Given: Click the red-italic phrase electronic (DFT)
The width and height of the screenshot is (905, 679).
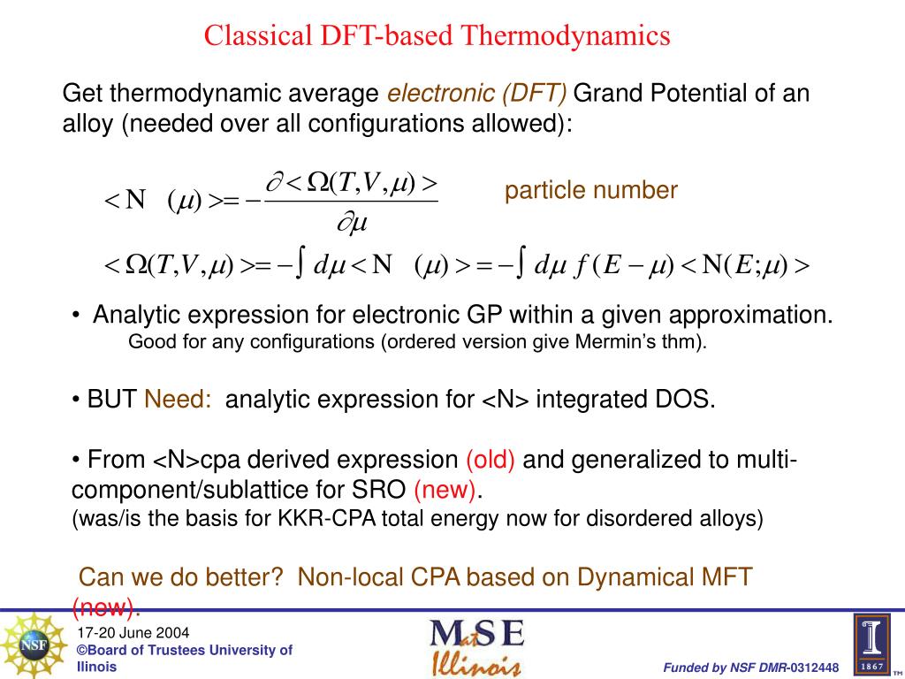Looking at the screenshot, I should coord(477,93).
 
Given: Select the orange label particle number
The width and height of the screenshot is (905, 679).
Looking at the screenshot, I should coord(591,190).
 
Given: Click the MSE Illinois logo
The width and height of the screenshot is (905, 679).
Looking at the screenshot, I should coord(477,646).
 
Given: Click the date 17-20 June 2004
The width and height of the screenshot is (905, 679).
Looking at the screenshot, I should coord(133,633).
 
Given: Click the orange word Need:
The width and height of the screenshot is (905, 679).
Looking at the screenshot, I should coord(178,400).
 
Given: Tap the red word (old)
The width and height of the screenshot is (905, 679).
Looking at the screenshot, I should coord(491,460).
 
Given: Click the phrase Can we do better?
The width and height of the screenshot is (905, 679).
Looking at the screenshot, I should coord(181,577).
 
